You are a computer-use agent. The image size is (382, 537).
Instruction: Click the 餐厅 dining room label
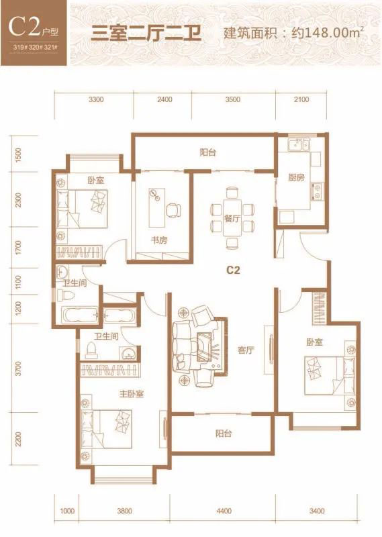click(x=232, y=218)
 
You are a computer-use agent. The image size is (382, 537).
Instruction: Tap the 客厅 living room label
click(x=246, y=350)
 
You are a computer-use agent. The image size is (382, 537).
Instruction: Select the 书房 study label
click(x=159, y=240)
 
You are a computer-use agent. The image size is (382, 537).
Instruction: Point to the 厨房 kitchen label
click(x=296, y=177)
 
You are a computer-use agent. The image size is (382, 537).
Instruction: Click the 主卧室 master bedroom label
click(x=131, y=394)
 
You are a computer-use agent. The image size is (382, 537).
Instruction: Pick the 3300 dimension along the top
click(x=96, y=99)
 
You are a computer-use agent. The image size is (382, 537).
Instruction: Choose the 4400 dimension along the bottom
click(x=224, y=511)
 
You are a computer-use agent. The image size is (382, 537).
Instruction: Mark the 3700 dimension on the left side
click(x=18, y=368)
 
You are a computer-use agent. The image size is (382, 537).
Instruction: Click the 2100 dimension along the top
click(x=301, y=99)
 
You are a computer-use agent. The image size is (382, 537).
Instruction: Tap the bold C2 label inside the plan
click(x=233, y=271)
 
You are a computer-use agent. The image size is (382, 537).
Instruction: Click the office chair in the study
click(x=174, y=210)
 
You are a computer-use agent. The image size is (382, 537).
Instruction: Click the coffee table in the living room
click(x=205, y=346)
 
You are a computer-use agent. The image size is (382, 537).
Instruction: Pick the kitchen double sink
click(x=299, y=145)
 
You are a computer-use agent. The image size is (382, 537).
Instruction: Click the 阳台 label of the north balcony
click(x=208, y=152)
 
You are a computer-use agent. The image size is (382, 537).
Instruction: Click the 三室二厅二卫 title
click(x=146, y=34)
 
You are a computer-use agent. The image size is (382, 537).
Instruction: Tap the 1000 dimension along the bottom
click(x=67, y=511)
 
